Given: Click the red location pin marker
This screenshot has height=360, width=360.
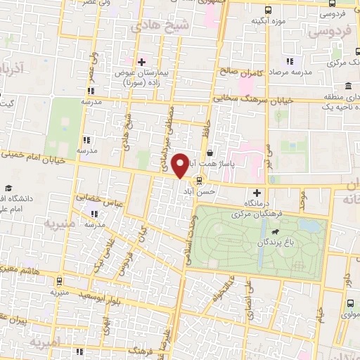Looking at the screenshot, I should tap(181, 165).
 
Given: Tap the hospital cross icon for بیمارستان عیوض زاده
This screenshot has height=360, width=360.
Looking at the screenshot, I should tap(141, 62).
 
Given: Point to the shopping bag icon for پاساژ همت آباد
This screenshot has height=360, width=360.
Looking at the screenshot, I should tap(210, 152).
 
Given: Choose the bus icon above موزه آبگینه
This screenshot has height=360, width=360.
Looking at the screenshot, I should tap(268, 10).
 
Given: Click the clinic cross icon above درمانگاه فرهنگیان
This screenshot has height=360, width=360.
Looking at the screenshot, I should tap(257, 193).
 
